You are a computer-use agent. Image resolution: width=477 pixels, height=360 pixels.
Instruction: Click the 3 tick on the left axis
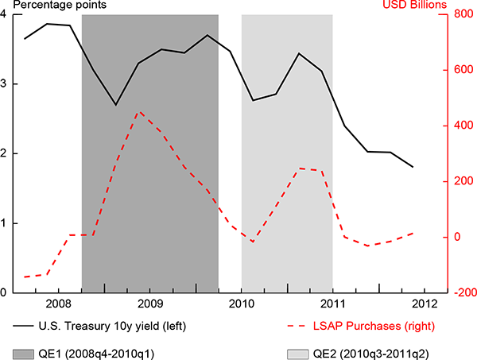(x=6, y=83)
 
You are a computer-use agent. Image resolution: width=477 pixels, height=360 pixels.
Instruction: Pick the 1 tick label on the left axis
(x=6, y=223)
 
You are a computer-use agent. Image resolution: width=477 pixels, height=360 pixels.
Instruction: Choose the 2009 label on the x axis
(x=150, y=303)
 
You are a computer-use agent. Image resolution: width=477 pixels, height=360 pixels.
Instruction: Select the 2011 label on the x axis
(x=332, y=303)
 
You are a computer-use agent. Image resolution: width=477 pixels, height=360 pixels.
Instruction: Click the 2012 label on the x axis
(x=423, y=303)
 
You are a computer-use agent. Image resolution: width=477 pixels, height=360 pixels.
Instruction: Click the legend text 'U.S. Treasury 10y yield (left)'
(x=116, y=326)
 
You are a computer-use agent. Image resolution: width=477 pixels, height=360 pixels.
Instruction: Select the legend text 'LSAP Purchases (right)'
(x=380, y=326)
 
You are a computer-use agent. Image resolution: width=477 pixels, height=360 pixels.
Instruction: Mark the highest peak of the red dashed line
(x=140, y=111)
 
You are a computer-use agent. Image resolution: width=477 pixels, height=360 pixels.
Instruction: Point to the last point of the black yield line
(x=413, y=167)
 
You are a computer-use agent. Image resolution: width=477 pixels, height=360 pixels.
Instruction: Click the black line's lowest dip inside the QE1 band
(x=116, y=105)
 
